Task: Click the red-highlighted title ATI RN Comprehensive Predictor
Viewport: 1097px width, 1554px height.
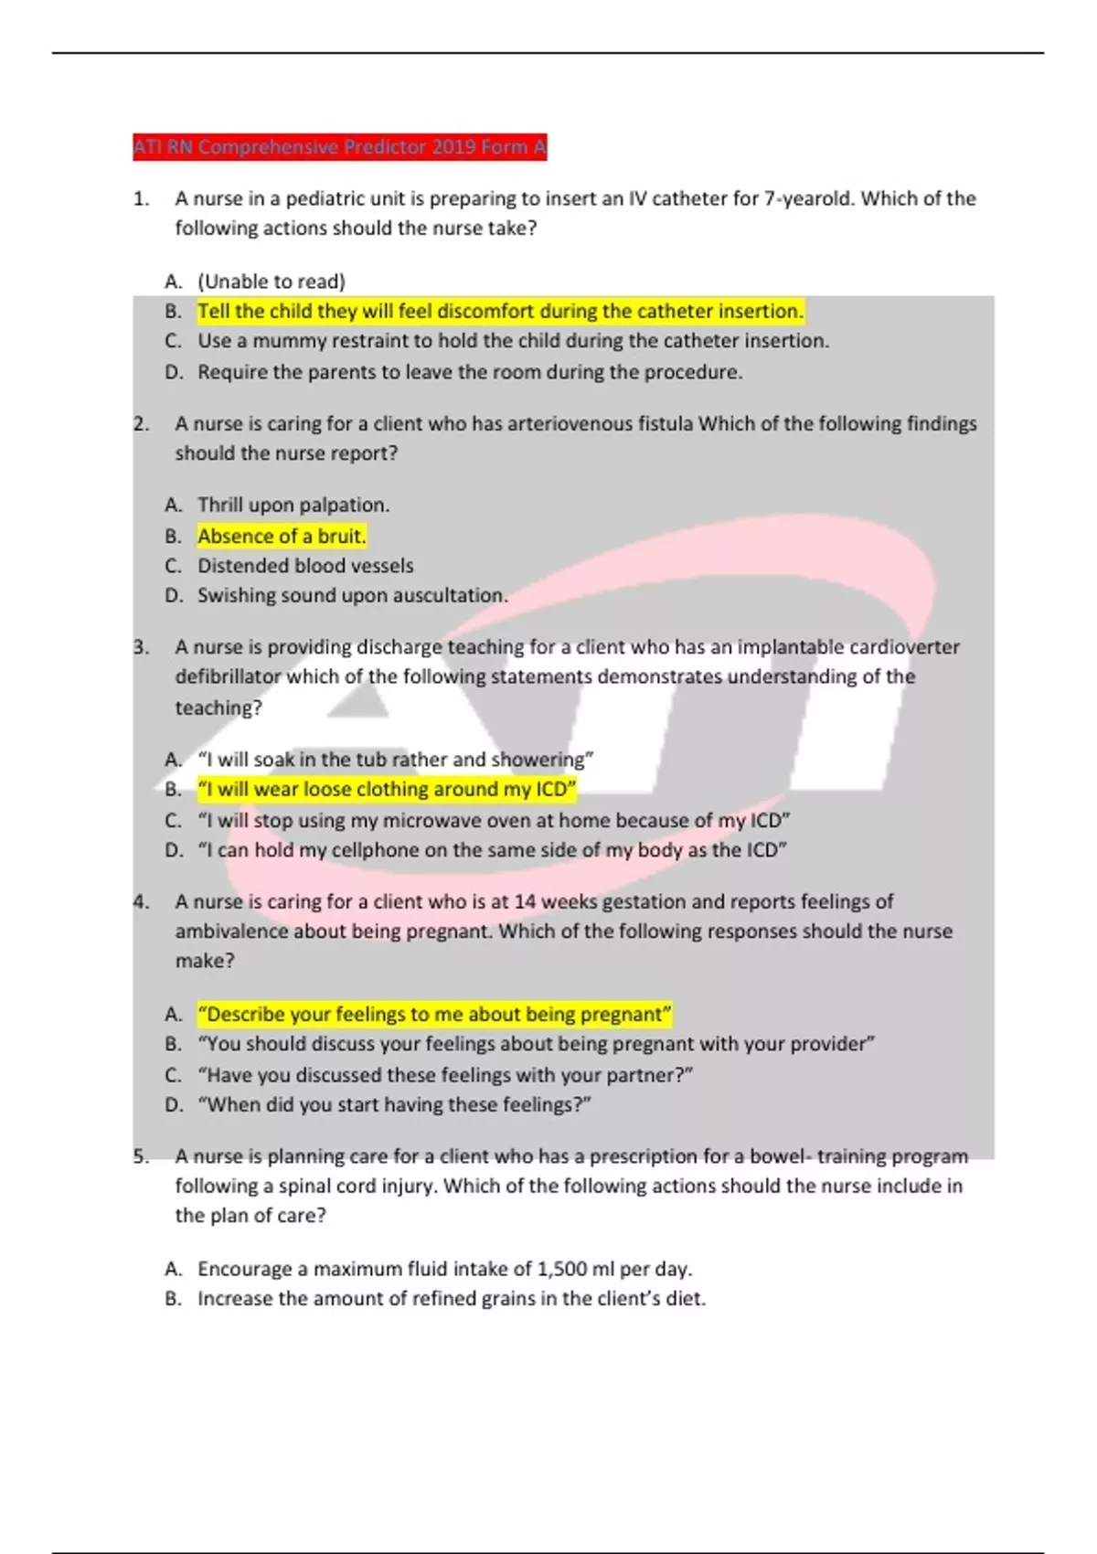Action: pyautogui.click(x=339, y=147)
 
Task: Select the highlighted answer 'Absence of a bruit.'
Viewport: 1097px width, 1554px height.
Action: pyautogui.click(x=282, y=536)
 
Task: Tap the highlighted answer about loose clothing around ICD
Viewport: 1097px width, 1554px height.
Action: pyautogui.click(x=387, y=789)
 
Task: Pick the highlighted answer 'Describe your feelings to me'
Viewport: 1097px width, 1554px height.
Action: pyautogui.click(x=434, y=1014)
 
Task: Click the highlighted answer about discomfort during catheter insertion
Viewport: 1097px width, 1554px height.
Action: pyautogui.click(x=500, y=311)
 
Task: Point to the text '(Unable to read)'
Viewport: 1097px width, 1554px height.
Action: pyautogui.click(x=272, y=282)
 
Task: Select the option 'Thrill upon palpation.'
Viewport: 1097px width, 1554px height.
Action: pyautogui.click(x=293, y=505)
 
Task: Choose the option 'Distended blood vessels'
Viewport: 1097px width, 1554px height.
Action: pyautogui.click(x=305, y=566)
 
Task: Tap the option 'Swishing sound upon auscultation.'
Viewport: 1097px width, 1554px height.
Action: pyautogui.click(x=352, y=595)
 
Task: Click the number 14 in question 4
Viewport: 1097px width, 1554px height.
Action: pyautogui.click(x=525, y=901)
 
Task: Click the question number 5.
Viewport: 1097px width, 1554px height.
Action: pyautogui.click(x=141, y=1156)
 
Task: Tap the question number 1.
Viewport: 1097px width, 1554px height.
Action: pyautogui.click(x=141, y=198)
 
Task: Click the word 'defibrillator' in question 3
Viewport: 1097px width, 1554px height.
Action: pyautogui.click(x=229, y=676)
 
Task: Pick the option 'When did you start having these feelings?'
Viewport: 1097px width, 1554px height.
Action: pyautogui.click(x=394, y=1104)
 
